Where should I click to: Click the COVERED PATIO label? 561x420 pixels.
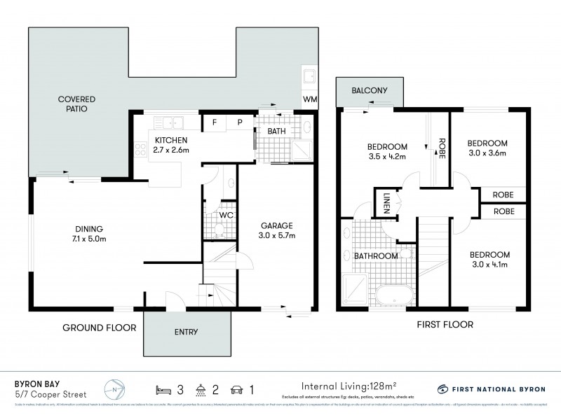pos(76,104)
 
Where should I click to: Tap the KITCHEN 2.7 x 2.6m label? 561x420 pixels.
pos(167,145)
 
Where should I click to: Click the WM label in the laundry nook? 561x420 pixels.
pos(309,99)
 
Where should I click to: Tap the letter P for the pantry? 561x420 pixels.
pos(239,122)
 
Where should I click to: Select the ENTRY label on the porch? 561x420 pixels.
pos(187,332)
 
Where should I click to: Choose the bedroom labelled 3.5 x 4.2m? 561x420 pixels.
pos(388,151)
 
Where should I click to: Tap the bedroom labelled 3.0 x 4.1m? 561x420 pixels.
pos(489,259)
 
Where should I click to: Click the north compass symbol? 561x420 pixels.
pos(114,388)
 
